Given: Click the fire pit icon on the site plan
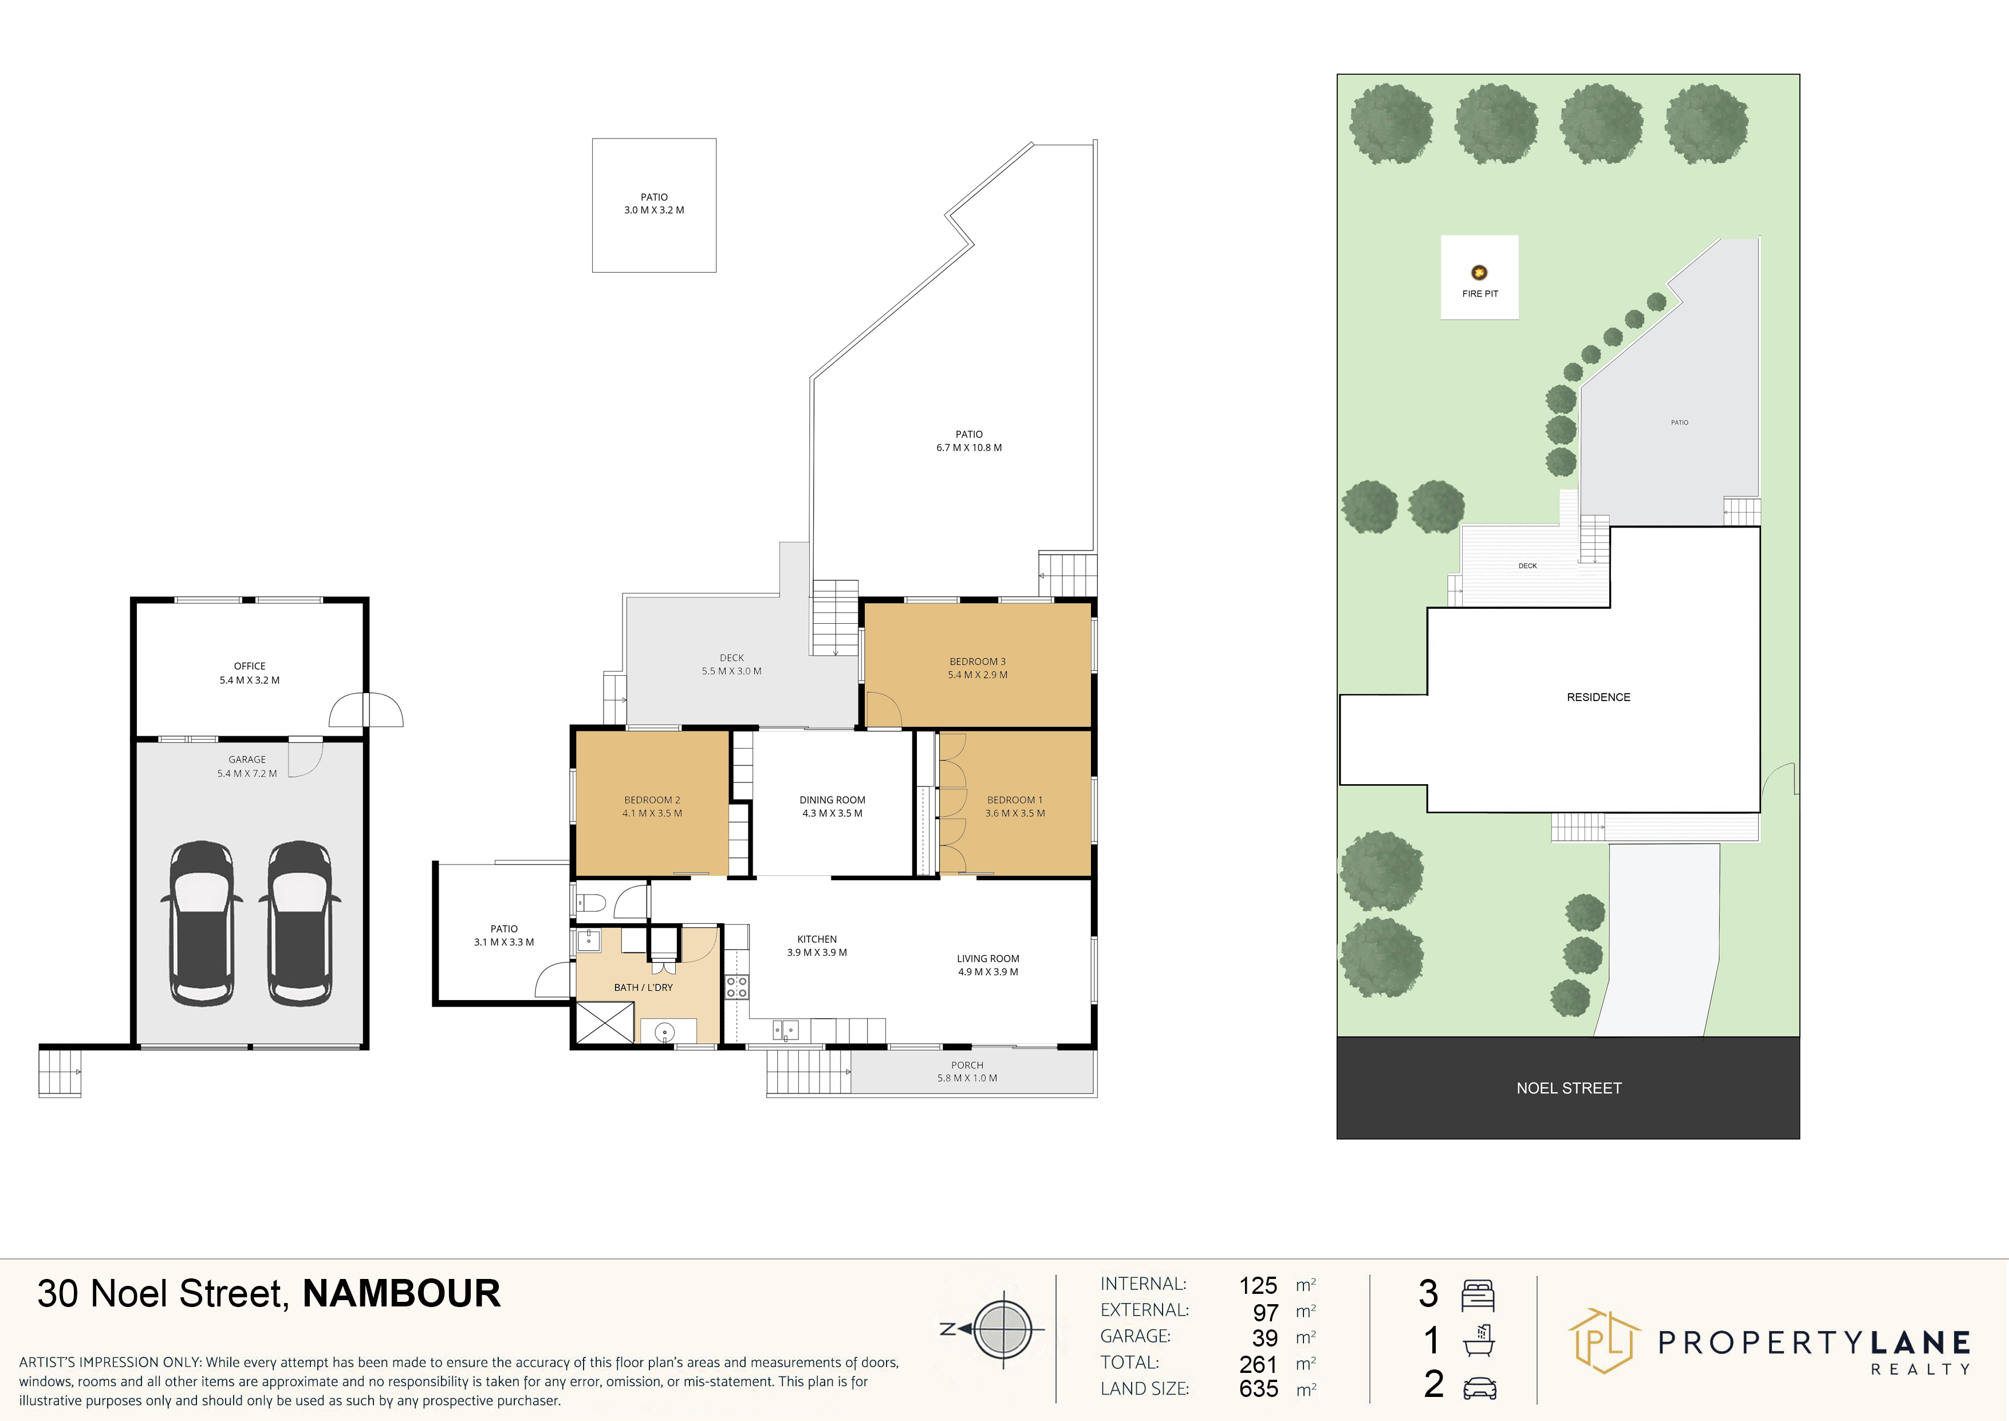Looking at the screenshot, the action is point(1479,272).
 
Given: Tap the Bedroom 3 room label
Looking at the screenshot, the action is point(978,668).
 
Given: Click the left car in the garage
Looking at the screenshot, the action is point(201,923).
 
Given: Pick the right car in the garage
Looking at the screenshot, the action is point(300,923).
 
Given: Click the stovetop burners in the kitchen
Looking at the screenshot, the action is point(736,987).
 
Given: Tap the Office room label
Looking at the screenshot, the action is point(249,673).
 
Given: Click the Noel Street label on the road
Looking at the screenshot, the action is point(1569,1088).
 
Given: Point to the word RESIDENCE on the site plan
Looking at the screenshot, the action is point(1598,698).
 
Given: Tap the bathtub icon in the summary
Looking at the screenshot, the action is point(1478,1340).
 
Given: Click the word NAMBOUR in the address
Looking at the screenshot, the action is point(401,1293).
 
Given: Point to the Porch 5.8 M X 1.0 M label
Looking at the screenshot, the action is point(967,1072).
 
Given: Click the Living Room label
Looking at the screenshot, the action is point(988,965).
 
